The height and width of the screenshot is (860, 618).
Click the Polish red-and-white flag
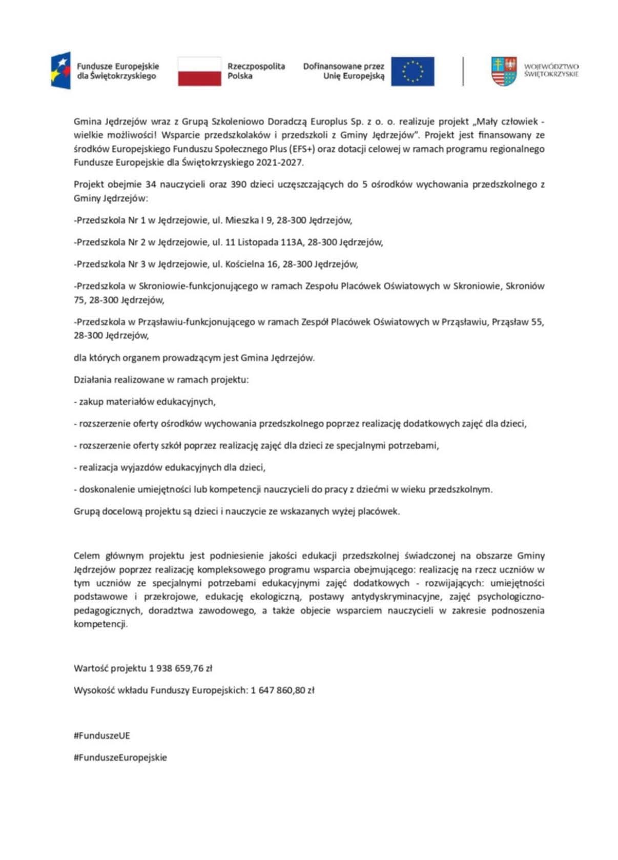[199, 71]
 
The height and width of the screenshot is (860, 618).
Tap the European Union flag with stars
[412, 71]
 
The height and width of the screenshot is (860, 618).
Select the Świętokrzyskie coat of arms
[503, 71]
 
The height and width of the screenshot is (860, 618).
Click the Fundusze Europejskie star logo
[60, 70]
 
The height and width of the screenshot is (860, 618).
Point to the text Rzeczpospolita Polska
[256, 71]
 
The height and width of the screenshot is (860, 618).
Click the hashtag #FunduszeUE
[102, 735]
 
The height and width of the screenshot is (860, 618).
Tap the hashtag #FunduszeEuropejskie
[120, 757]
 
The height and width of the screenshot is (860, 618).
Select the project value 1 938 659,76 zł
[180, 668]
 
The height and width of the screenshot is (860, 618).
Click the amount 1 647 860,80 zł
[282, 690]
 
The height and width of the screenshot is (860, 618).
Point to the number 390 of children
[238, 184]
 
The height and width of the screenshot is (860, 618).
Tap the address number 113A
[292, 242]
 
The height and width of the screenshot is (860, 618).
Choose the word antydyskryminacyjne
[396, 597]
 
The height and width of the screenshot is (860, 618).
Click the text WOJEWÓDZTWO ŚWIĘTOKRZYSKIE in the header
[551, 70]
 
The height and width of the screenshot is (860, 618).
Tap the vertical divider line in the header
[463, 71]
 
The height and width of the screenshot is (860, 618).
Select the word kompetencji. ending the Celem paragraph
[100, 624]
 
